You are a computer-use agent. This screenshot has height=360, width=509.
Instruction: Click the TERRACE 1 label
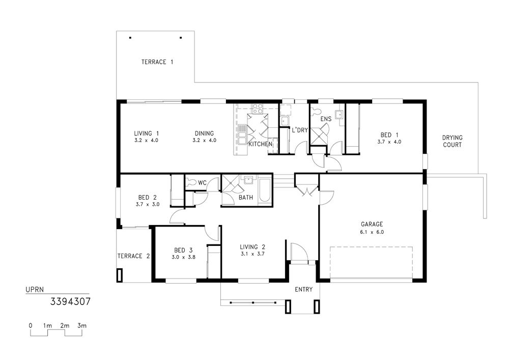[157, 62]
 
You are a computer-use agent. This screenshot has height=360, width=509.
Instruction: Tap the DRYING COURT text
[452, 141]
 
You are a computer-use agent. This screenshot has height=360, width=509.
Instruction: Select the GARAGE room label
[372, 225]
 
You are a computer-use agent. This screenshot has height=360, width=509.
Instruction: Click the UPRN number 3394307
[70, 302]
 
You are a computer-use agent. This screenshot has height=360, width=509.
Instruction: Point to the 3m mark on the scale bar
[82, 325]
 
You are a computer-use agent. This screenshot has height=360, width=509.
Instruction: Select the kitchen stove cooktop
[258, 108]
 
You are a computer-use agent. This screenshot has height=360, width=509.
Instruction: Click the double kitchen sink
[242, 134]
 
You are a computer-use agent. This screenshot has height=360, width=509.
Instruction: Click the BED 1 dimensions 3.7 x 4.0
[389, 142]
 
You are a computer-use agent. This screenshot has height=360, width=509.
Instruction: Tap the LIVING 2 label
[252, 247]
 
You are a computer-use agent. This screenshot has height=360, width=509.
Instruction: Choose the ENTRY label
[303, 290]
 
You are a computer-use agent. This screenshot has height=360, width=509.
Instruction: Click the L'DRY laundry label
[300, 130]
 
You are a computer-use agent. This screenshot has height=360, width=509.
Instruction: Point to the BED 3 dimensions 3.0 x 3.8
[183, 257]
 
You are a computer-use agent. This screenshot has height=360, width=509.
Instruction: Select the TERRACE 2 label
[133, 256]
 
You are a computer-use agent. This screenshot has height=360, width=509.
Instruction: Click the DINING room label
[204, 133]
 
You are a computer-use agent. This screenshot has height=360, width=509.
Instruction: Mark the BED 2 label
[148, 198]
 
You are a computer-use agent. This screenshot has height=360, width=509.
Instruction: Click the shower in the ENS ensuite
[319, 136]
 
